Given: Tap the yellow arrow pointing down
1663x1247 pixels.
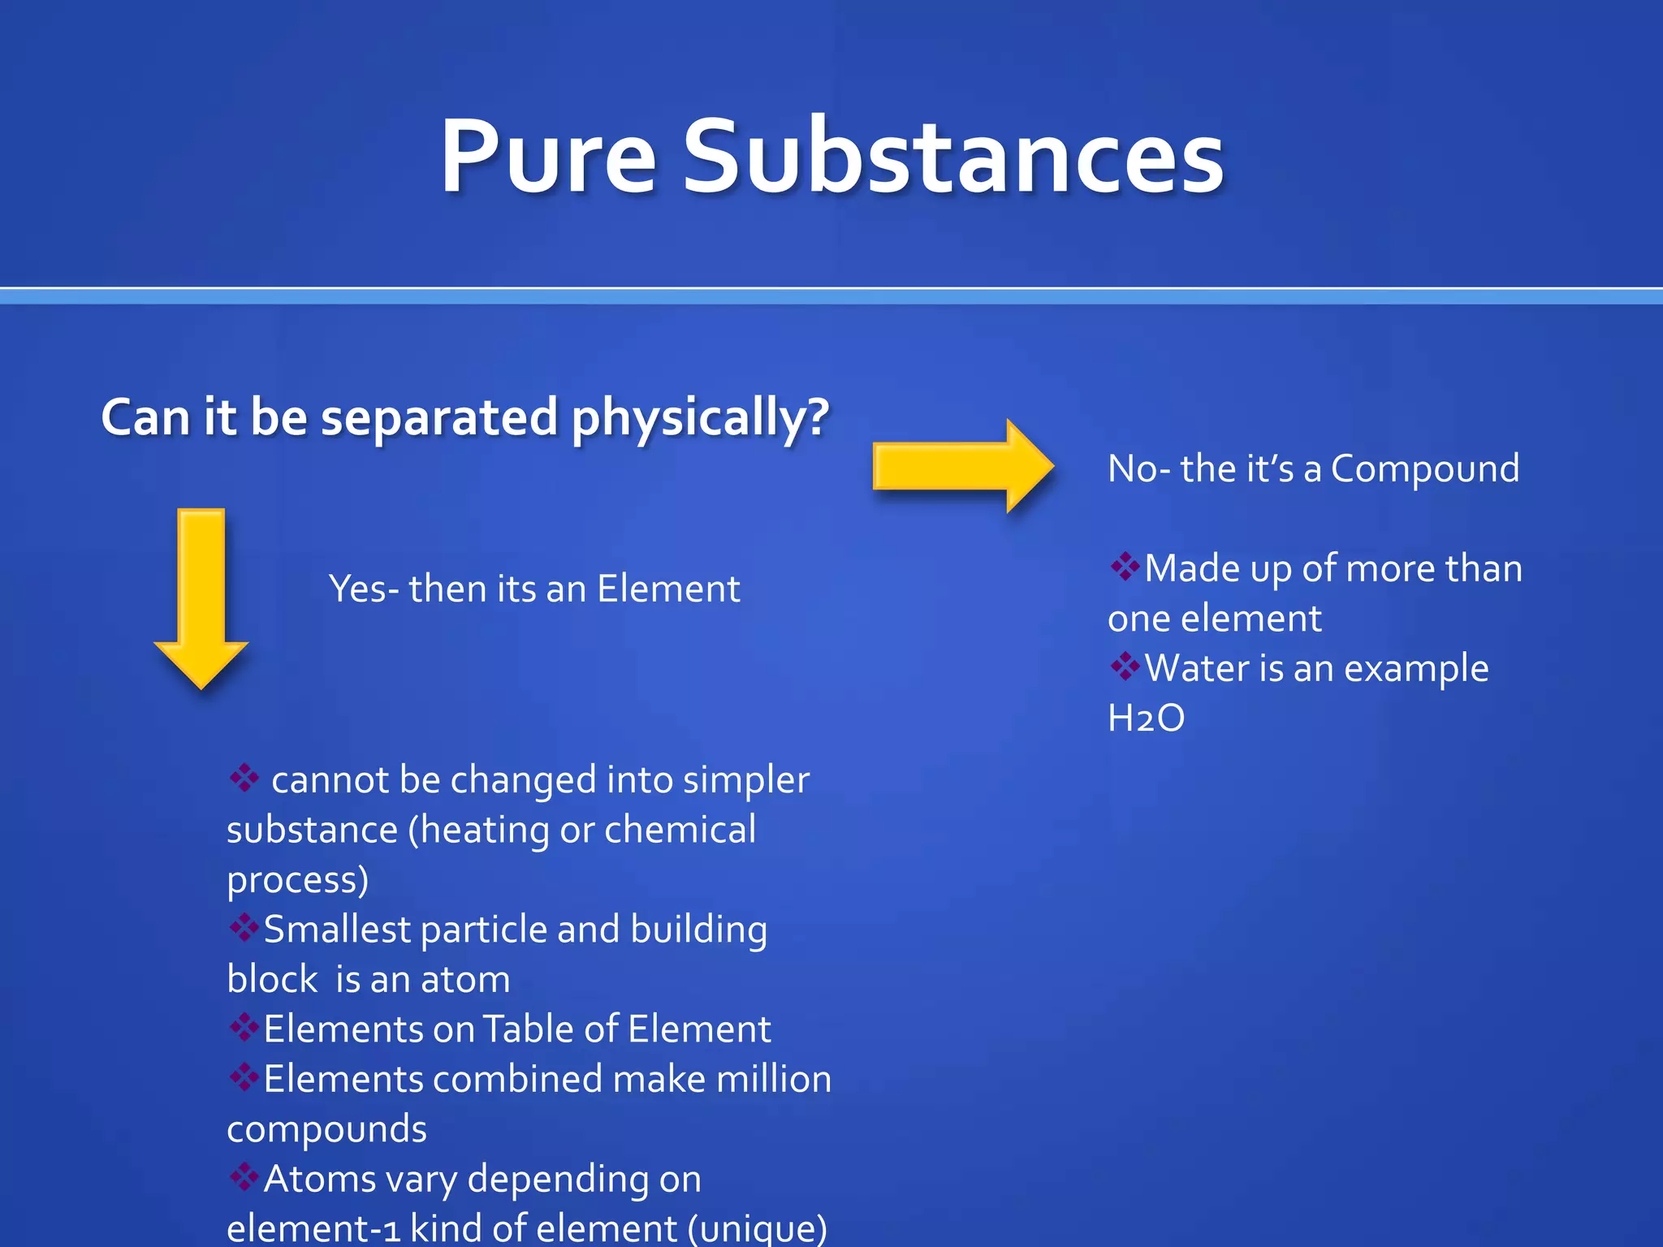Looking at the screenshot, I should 201,597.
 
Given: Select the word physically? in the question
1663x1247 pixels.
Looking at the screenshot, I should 700,419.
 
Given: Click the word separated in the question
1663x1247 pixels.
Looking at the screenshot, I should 439,419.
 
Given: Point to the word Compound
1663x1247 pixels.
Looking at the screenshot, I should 1424,469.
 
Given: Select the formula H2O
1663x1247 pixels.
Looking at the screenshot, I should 1146,718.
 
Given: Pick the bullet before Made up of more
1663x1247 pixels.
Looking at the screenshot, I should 1125,566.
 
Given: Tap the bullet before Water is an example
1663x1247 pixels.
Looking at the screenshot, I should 1125,666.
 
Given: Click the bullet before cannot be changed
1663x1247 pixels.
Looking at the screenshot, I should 244,777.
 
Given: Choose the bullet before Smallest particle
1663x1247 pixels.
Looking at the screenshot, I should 243,926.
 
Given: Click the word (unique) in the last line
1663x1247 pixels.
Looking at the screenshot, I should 757,1228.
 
